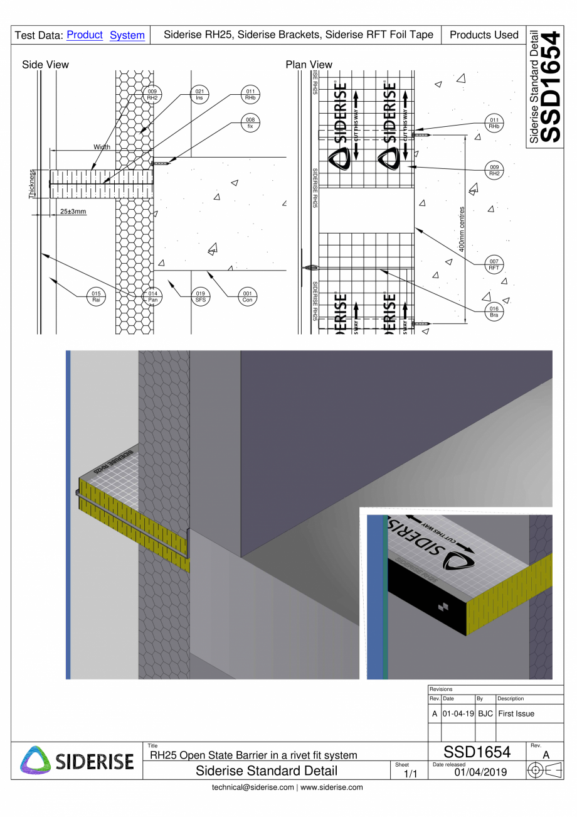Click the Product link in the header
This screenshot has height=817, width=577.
pyautogui.click(x=84, y=35)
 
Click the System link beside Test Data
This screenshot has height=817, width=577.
pyautogui.click(x=127, y=35)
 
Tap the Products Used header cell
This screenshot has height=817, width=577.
pyautogui.click(x=484, y=35)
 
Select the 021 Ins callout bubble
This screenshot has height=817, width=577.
pyautogui.click(x=199, y=95)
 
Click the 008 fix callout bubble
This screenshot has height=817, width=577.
pyautogui.click(x=250, y=122)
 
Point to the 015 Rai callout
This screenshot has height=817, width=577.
pyautogui.click(x=96, y=296)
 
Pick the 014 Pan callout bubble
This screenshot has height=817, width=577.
pyautogui.click(x=152, y=296)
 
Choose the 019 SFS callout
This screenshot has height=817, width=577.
pyautogui.click(x=200, y=296)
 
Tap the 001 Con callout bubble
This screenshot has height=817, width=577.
pyautogui.click(x=247, y=296)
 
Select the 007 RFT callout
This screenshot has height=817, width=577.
pyautogui.click(x=494, y=264)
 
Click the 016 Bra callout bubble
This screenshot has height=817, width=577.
pyautogui.click(x=494, y=312)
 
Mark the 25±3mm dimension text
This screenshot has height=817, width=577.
pyautogui.click(x=73, y=211)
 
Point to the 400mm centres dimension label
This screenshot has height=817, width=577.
pyautogui.click(x=462, y=229)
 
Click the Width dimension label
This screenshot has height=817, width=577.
pyautogui.click(x=102, y=147)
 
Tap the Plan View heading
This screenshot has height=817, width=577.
pyautogui.click(x=309, y=65)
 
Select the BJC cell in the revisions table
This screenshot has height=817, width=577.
pyautogui.click(x=485, y=714)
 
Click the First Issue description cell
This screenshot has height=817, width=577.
pyautogui.click(x=516, y=714)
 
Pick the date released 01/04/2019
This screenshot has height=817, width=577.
pyautogui.click(x=480, y=771)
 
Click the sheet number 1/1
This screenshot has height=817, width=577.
pyautogui.click(x=410, y=774)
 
